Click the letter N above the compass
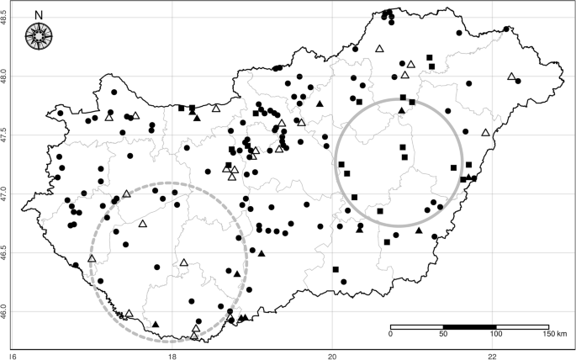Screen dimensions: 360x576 tap(38, 14)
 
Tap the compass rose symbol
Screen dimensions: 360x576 tap(38, 36)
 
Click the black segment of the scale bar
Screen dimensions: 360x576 tap(469, 326)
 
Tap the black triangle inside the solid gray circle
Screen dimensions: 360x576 tap(402, 110)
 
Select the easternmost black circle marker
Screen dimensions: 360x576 tap(506, 29)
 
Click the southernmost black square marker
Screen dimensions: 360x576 tap(336, 269)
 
